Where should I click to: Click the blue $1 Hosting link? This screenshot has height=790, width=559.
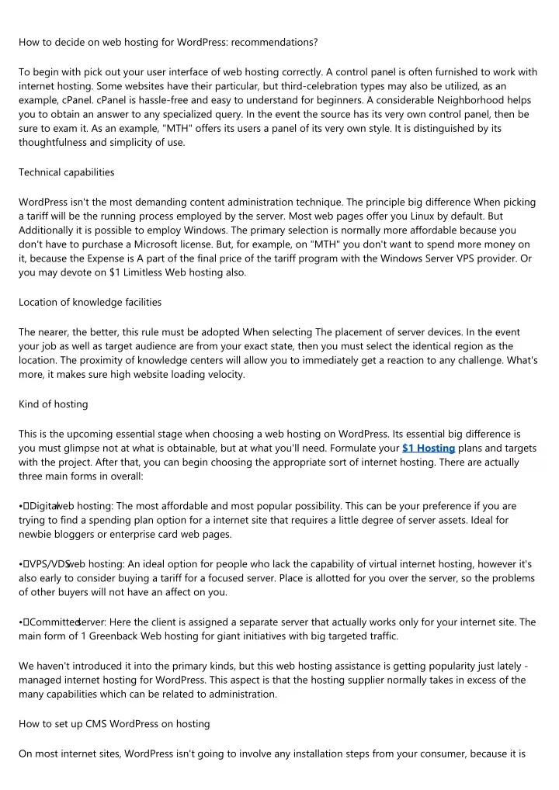[x=429, y=448]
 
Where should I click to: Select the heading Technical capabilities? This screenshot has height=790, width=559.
[x=66, y=172]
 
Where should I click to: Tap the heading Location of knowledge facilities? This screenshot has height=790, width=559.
[x=90, y=302]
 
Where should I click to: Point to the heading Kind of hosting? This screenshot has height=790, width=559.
[x=54, y=404]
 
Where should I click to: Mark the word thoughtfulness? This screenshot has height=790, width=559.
[x=54, y=143]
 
